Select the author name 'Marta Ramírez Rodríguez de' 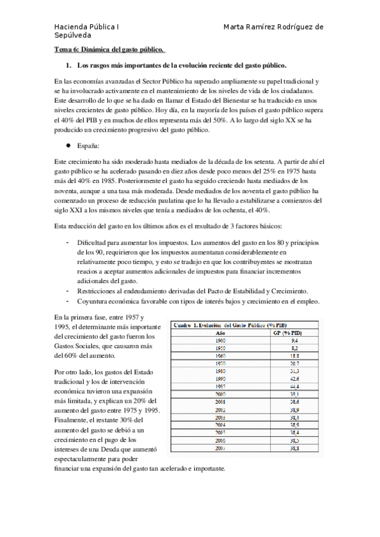point(274,27)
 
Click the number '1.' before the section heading point(70,65)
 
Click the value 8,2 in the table point(294,348)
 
